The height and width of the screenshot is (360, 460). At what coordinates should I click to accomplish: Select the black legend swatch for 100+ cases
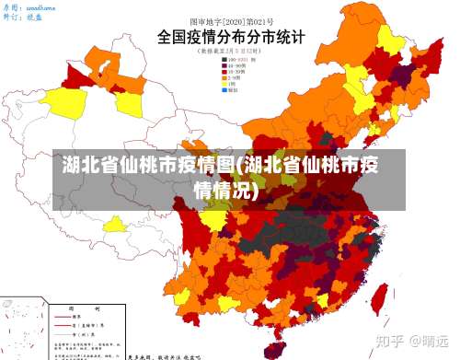[x=225, y=59]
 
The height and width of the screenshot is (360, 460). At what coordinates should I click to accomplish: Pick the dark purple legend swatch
[x=225, y=65]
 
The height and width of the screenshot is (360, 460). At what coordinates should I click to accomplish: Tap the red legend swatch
[x=225, y=72]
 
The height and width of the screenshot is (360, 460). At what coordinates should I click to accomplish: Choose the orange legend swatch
[x=225, y=78]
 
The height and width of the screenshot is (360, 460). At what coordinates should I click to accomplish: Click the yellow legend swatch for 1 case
[x=225, y=85]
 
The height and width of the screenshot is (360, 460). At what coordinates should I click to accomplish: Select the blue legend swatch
[x=225, y=91]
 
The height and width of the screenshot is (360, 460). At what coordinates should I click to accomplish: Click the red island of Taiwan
[x=377, y=297]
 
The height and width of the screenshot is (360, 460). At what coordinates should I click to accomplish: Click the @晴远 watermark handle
[x=430, y=340]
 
